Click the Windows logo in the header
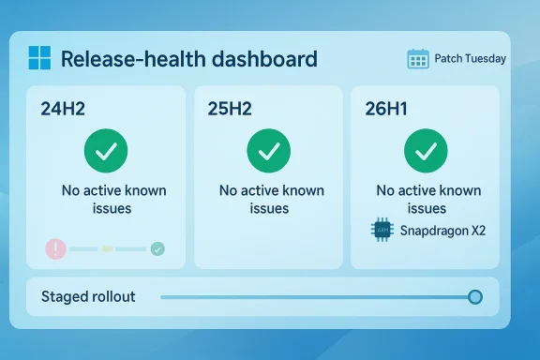click(39, 58)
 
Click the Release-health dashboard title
click(188, 59)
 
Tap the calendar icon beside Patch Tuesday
click(418, 59)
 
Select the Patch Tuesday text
click(470, 59)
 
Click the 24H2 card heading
click(64, 108)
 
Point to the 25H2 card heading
click(230, 108)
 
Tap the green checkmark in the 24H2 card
click(106, 150)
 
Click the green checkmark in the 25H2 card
click(268, 150)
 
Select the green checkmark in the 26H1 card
click(426, 150)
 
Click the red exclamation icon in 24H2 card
click(56, 248)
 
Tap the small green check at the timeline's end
click(157, 248)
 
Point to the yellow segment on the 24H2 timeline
click(107, 248)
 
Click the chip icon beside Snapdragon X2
click(382, 230)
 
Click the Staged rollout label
click(88, 297)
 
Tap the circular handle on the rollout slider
click(475, 297)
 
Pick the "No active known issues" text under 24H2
click(114, 199)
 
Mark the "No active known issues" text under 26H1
click(428, 199)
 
